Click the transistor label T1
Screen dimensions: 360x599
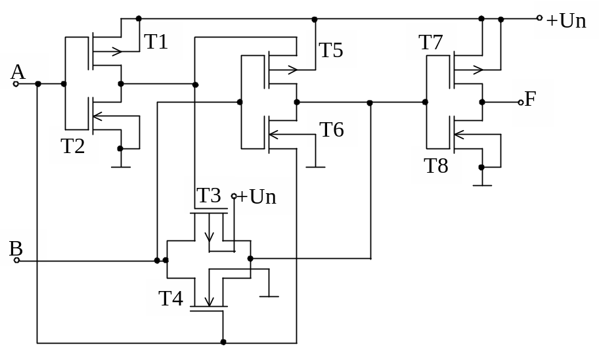tap(156, 41)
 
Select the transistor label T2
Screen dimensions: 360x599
tap(73, 146)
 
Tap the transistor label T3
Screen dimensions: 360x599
tap(209, 195)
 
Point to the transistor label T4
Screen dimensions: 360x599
tap(171, 298)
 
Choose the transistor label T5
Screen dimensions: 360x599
tap(331, 50)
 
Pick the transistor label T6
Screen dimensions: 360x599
tap(332, 129)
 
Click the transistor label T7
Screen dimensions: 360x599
tap(431, 42)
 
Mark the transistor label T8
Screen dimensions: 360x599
tap(436, 166)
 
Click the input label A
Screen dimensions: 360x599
tap(18, 72)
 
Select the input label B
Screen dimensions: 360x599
tap(16, 248)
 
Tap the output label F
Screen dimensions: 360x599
tap(530, 99)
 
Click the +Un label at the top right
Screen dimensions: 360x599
tap(566, 20)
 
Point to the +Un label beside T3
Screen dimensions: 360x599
tap(256, 196)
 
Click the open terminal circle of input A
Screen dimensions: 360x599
tap(16, 84)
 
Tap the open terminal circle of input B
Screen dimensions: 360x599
tap(17, 261)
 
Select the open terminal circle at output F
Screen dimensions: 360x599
tap(521, 102)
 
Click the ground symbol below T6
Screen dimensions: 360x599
tap(315, 167)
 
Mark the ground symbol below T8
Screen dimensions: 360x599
tap(482, 185)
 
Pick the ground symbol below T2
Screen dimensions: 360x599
tap(120, 166)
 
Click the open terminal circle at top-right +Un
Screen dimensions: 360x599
tap(539, 18)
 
